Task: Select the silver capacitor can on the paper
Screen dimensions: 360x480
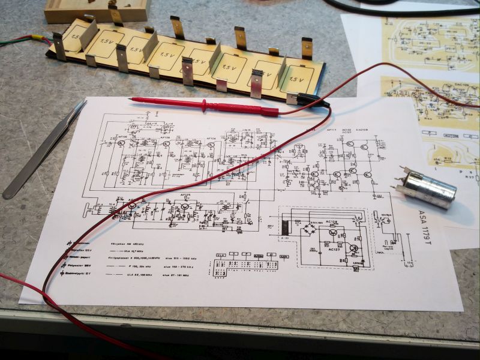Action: point(428,188)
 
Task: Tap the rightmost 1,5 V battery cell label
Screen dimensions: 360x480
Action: point(296,77)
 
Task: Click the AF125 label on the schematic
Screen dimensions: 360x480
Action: point(184,194)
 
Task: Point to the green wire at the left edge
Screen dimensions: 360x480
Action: point(12,43)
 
